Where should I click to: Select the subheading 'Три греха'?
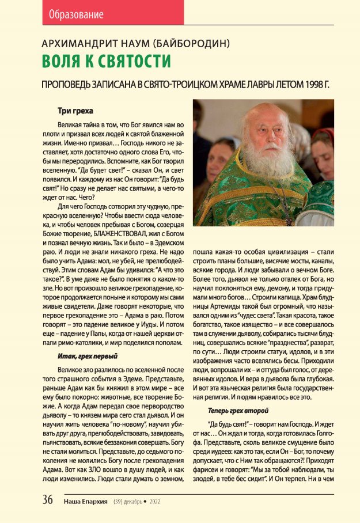pyautogui.click(x=76, y=111)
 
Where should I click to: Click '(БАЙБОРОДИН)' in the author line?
pyautogui.click(x=193, y=43)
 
